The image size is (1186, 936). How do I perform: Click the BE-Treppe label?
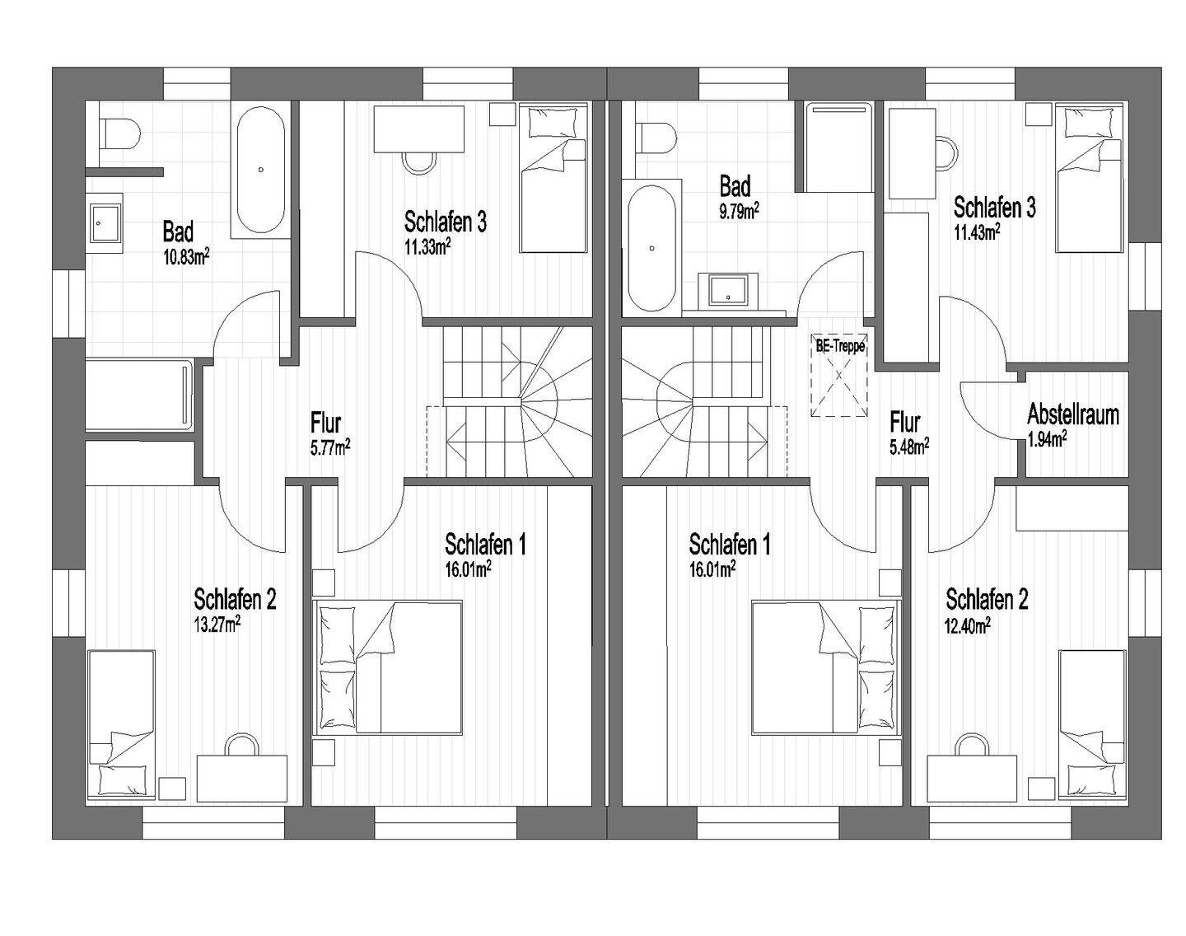coord(840,346)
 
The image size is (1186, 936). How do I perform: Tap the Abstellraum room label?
coord(1073,414)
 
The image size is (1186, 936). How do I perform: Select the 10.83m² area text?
coord(186,257)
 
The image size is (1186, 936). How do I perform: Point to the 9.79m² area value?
coord(739,211)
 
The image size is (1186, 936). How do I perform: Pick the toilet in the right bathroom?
coord(656,137)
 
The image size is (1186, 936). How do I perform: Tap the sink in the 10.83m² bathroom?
coord(106,222)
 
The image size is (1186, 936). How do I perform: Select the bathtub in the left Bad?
coord(261,171)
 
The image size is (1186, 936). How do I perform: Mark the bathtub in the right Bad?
coord(652,249)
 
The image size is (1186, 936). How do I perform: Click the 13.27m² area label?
coord(217,625)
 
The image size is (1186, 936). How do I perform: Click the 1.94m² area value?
coord(1047,439)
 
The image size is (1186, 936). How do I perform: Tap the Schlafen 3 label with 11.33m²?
coord(446,222)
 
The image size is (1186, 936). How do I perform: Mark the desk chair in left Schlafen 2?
coord(241,744)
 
